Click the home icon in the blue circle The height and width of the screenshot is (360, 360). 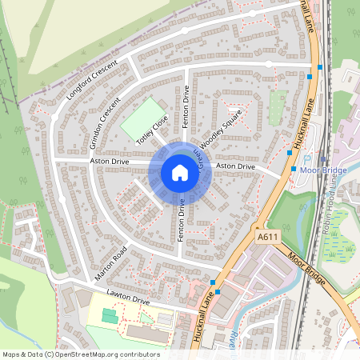click(x=179, y=172)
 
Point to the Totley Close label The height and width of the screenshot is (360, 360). click(x=152, y=130)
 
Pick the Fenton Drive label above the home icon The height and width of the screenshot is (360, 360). click(x=185, y=107)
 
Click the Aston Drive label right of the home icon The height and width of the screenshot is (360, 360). click(x=235, y=166)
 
